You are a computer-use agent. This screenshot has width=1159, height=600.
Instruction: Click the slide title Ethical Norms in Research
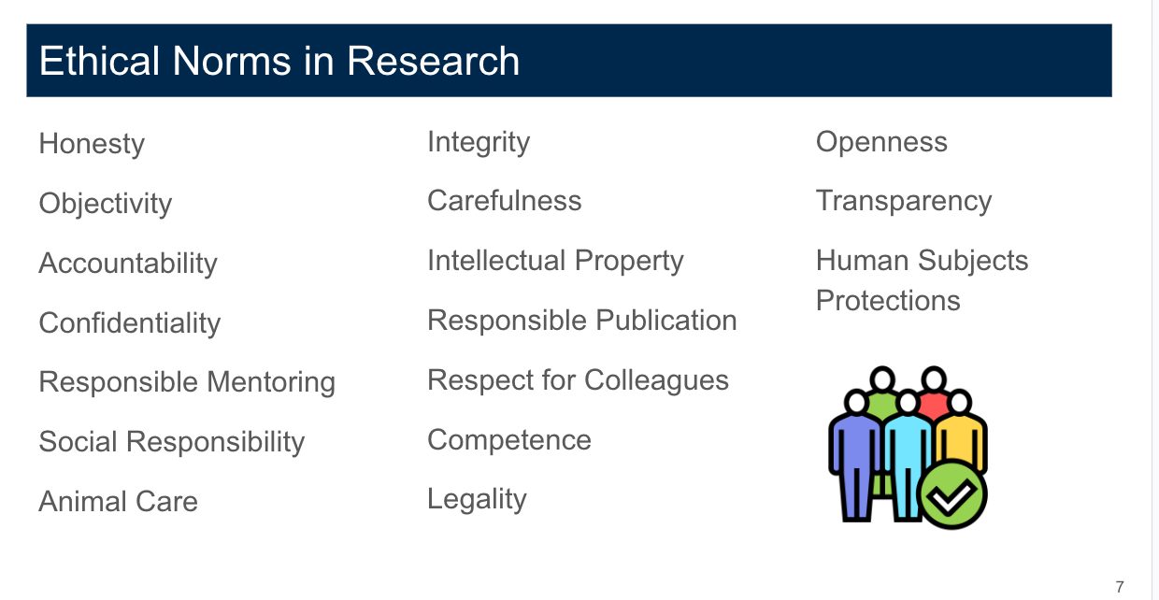[279, 62]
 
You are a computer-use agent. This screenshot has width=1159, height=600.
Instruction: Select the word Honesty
[92, 144]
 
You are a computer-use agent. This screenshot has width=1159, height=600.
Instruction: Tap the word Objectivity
[106, 204]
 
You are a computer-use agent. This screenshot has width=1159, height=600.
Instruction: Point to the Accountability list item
[128, 264]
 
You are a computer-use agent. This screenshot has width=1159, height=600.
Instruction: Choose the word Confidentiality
[130, 323]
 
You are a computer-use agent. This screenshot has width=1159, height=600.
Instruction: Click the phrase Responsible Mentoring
[187, 382]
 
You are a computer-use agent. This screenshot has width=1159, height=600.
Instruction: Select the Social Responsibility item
[172, 442]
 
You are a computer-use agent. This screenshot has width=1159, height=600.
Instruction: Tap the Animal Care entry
[119, 502]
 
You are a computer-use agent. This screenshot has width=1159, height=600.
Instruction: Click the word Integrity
[479, 142]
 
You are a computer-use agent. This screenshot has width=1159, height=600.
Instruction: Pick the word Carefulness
[505, 201]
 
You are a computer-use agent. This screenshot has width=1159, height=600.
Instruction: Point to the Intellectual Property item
[555, 261]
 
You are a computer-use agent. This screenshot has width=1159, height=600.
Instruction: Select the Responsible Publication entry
[582, 321]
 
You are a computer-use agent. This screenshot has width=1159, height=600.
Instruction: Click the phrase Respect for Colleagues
[578, 380]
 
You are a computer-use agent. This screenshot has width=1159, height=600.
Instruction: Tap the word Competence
[509, 440]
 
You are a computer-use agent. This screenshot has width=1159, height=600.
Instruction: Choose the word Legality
[477, 500]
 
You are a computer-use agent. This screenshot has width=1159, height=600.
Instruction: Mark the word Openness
[881, 142]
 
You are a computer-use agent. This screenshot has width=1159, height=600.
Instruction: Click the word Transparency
[904, 201]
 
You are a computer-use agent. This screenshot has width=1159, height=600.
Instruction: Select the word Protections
[888, 301]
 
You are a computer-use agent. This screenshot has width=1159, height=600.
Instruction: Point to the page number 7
[1120, 587]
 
